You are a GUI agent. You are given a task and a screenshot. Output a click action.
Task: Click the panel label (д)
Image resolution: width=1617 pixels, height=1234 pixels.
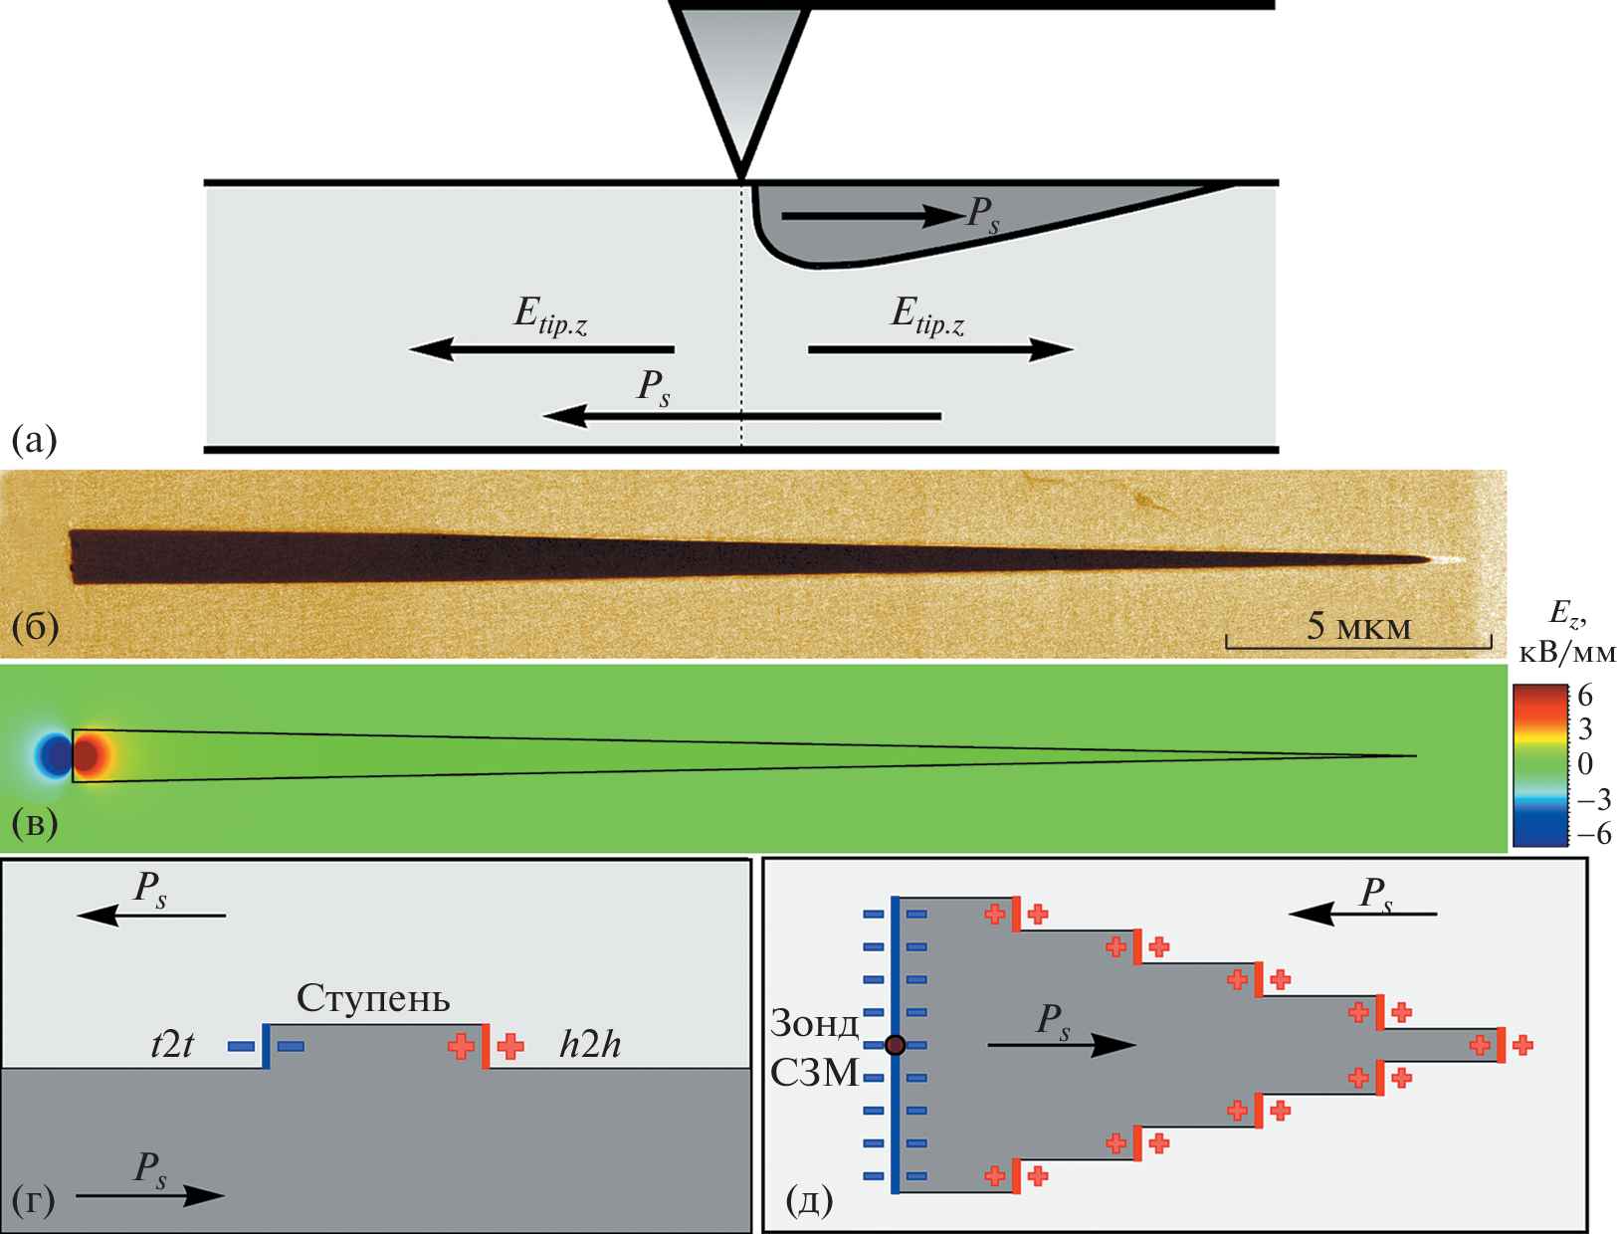[808, 1201]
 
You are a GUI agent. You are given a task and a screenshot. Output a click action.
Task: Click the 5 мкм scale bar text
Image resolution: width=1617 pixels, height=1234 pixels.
[1358, 626]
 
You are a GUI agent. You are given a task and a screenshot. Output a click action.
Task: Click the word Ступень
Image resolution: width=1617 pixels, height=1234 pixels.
[373, 998]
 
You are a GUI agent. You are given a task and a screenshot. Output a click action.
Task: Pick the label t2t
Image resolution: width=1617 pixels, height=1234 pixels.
[172, 1046]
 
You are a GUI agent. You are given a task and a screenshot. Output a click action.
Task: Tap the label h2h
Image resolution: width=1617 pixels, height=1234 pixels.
[590, 1045]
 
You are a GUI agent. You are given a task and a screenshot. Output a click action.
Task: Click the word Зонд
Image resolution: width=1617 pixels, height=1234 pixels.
[814, 1024]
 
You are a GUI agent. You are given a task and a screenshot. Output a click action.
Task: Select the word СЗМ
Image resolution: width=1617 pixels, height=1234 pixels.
[814, 1074]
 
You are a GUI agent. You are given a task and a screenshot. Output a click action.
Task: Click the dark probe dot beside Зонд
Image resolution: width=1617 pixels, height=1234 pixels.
[895, 1045]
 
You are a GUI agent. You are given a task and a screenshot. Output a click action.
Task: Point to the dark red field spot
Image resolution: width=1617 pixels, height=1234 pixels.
[88, 756]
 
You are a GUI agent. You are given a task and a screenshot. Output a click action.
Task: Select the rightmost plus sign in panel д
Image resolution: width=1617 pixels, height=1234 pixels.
[1522, 1045]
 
